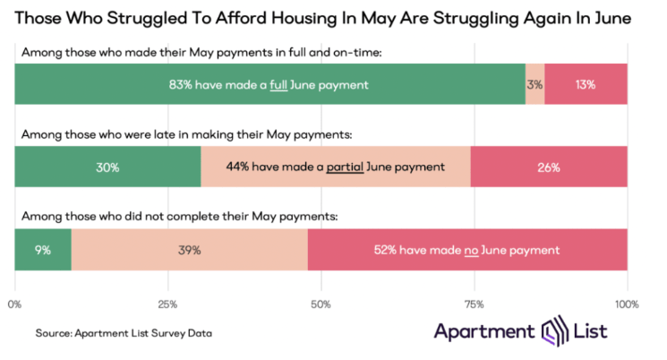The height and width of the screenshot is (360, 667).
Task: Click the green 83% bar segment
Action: (269, 84)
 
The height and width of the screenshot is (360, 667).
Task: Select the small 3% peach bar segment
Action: (534, 84)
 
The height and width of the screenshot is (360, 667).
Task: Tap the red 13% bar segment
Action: (586, 84)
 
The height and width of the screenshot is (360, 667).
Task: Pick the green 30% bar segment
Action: (107, 167)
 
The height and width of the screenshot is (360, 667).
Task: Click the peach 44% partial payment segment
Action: (335, 167)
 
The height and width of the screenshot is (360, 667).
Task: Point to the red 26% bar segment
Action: (548, 167)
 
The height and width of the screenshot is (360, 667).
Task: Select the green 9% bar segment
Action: (42, 250)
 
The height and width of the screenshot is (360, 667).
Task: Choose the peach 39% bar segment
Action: (189, 250)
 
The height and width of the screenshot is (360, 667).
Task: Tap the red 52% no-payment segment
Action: (467, 250)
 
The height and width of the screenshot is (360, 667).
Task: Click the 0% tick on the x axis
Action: (14, 304)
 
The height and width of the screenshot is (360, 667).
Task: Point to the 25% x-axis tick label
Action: (167, 304)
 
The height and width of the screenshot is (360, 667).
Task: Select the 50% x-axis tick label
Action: (321, 304)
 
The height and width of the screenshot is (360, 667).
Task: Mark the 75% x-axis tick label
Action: (474, 304)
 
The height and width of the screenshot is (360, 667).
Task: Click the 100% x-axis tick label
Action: (627, 304)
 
